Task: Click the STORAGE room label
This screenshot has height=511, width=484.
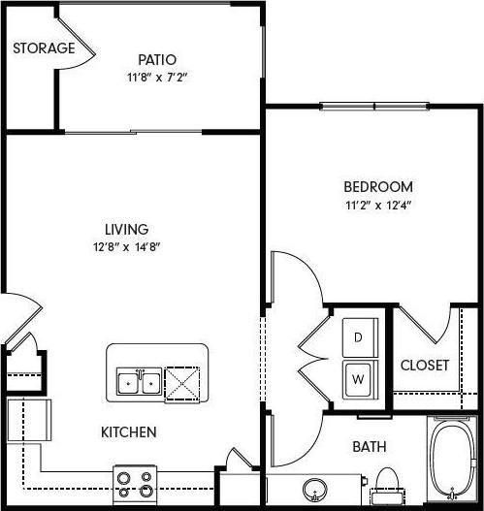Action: (43, 48)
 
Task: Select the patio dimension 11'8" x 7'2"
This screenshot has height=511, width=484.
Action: (156, 77)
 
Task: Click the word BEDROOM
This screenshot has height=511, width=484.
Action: (377, 187)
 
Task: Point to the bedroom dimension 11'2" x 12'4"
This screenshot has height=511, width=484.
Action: (377, 205)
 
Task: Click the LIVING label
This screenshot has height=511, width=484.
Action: (127, 230)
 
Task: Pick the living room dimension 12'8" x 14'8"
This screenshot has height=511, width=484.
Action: (127, 247)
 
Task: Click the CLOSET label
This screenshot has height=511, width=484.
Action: (424, 366)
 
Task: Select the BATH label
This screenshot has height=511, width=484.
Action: (369, 447)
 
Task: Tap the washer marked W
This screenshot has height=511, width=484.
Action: (357, 377)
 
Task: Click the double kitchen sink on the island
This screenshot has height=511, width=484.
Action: (140, 383)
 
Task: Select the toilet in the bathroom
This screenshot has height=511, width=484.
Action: (387, 484)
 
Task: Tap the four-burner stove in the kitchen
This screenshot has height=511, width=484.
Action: (136, 483)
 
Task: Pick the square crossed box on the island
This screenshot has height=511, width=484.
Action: (181, 382)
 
